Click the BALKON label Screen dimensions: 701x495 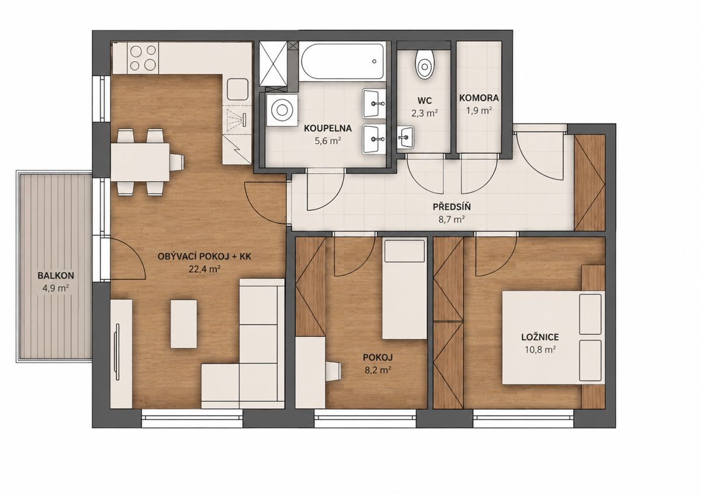55,275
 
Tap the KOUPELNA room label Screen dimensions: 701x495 328,129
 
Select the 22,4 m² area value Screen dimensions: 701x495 204,269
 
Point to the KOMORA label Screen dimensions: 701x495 479,98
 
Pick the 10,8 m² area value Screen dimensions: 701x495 540,349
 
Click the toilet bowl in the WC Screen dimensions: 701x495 425,64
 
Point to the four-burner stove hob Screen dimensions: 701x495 143,58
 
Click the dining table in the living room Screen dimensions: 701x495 140,162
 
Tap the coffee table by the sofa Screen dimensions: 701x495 183,324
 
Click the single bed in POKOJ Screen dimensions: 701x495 405,288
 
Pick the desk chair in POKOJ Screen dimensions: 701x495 333,371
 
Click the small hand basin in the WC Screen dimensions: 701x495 405,137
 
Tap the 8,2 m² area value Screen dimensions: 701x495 378,370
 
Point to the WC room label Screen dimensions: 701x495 424,101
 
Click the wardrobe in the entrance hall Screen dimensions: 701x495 589,183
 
